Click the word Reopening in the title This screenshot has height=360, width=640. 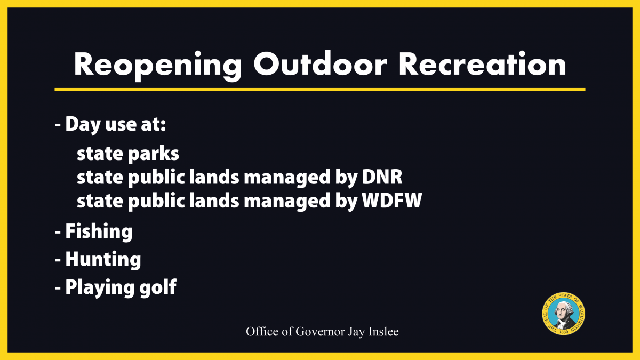tap(158, 66)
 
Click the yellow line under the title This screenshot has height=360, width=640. tap(320, 90)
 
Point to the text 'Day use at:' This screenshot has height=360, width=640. tap(116, 125)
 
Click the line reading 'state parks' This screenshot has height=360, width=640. tap(128, 154)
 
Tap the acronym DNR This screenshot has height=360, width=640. tap(382, 177)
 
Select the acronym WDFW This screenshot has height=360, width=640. tap(392, 201)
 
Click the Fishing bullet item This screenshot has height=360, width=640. tap(99, 231)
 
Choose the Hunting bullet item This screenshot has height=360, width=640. tap(103, 259)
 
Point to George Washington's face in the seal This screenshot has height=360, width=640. tap(562, 312)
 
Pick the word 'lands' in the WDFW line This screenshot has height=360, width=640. tap(214, 201)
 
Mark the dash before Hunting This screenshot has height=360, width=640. tap(58, 261)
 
